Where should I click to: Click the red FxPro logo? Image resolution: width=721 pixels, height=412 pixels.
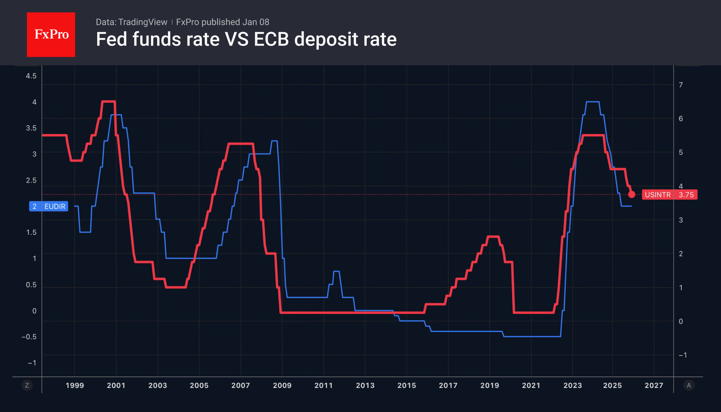[x=51, y=35]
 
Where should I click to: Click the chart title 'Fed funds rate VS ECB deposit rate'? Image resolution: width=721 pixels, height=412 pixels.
[x=246, y=39]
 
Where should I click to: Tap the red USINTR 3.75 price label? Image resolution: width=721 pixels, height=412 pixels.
[x=669, y=195]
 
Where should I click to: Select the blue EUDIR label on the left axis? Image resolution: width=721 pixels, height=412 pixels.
[x=49, y=206]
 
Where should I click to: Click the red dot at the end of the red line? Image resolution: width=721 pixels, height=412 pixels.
[x=631, y=195]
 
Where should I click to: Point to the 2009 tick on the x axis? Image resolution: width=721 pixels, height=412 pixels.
[x=282, y=385]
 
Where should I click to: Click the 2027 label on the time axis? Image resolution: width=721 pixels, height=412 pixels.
[x=654, y=385]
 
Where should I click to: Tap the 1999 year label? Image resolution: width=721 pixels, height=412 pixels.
[x=75, y=385]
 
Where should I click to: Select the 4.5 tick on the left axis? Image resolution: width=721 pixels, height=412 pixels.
[x=31, y=76]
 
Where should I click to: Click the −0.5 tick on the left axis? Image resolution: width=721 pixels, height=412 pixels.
[x=29, y=337]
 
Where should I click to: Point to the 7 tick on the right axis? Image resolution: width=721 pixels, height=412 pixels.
[x=681, y=85]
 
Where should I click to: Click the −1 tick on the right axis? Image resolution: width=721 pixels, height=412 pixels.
[x=683, y=355]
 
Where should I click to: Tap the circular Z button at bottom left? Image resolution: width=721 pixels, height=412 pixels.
[x=27, y=385]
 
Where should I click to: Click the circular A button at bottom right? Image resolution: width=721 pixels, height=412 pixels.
[x=689, y=385]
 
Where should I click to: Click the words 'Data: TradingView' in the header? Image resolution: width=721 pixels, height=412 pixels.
[x=131, y=22]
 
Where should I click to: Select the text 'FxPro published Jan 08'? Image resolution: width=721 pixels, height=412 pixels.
[x=223, y=22]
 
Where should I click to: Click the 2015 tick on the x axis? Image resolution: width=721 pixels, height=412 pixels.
[x=407, y=385]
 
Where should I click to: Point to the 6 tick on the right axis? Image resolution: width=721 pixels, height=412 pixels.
[x=681, y=119]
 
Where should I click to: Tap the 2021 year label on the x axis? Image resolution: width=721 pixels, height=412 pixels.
[x=531, y=385]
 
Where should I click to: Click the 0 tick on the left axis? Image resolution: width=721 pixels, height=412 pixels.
[x=34, y=311]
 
